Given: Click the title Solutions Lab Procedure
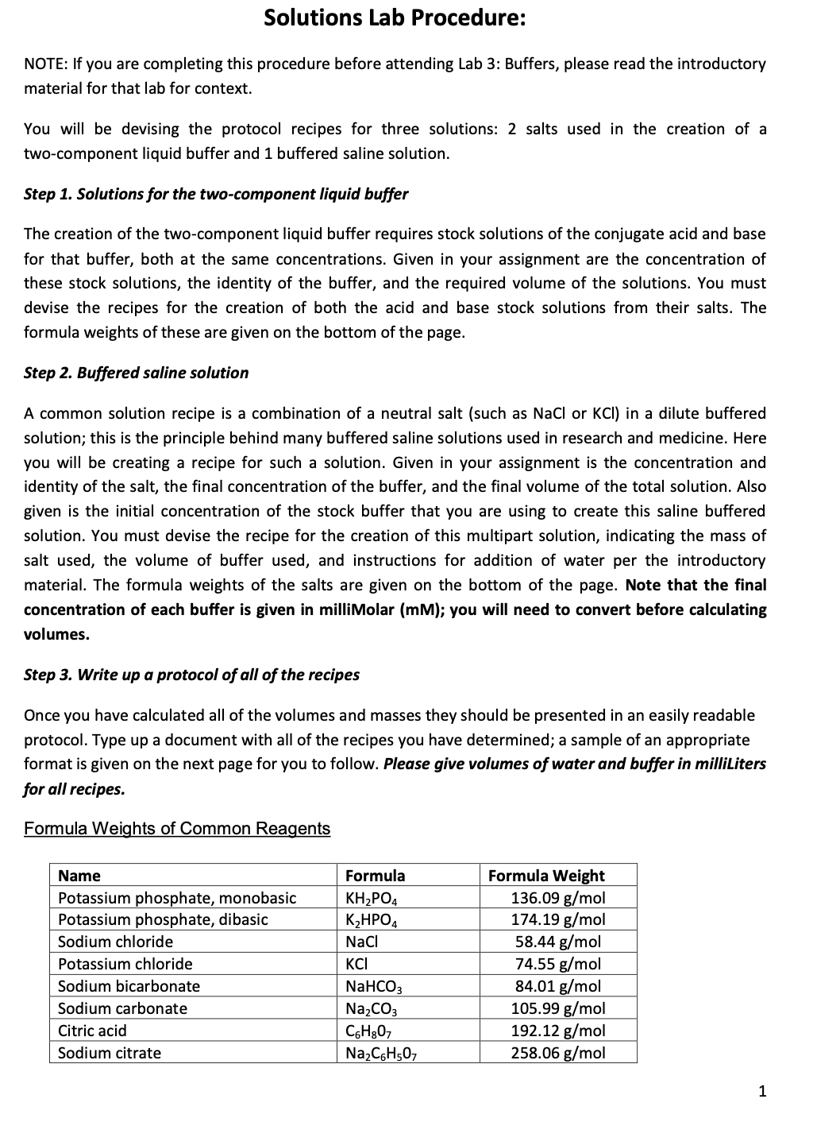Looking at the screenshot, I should (x=394, y=18).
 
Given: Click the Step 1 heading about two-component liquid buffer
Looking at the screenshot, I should (x=216, y=194).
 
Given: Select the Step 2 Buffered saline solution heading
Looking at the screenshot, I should (x=136, y=373).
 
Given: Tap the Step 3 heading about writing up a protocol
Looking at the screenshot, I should (x=191, y=675).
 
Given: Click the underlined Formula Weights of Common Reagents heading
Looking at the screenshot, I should (x=177, y=829).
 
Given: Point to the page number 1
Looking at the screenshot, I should (x=762, y=1091).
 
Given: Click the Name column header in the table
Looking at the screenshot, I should (x=79, y=876).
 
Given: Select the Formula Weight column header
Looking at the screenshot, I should (x=546, y=876).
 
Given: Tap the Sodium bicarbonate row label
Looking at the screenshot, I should (x=129, y=986).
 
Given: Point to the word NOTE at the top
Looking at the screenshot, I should (x=44, y=64).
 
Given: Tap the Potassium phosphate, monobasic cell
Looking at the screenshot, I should (x=177, y=898).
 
